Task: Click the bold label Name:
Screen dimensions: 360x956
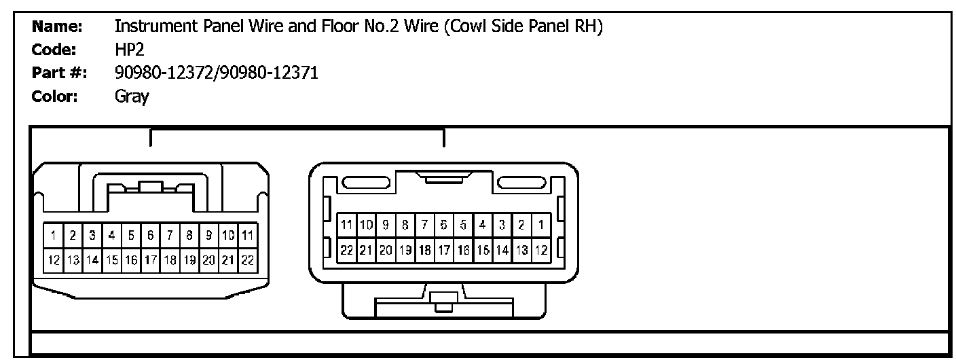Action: tap(57, 27)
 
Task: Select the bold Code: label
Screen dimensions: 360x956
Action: tap(56, 50)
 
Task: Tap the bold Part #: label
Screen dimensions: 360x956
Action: tap(58, 73)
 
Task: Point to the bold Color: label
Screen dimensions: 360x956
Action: tap(57, 97)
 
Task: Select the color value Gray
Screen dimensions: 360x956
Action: tap(132, 97)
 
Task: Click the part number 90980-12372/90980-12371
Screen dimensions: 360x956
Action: tap(217, 73)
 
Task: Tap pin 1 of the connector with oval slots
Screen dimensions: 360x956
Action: tap(541, 224)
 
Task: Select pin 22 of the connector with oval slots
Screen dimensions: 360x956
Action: tap(346, 249)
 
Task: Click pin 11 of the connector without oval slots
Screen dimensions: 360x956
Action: tap(248, 236)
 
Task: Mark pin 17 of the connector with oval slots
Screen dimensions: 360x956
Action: tap(444, 249)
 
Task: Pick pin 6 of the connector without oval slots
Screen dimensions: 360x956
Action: tap(151, 236)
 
